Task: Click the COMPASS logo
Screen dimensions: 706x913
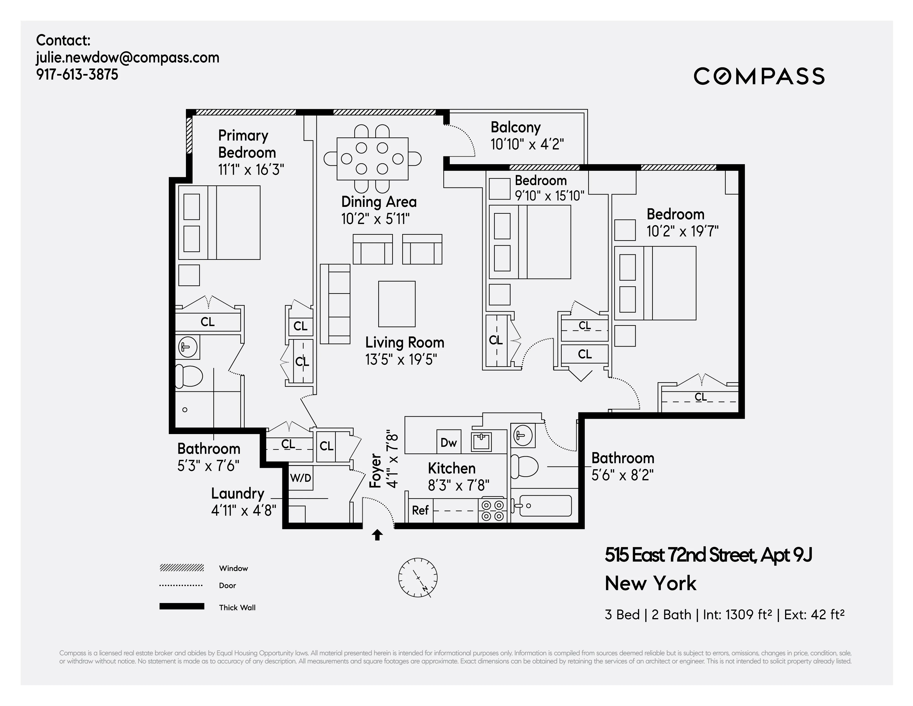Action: coord(759,76)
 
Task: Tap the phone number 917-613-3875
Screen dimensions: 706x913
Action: coord(77,74)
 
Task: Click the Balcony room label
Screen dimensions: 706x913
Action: coord(516,127)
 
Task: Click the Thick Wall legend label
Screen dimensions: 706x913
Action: coord(237,607)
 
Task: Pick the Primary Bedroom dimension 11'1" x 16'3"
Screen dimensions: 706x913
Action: coord(251,170)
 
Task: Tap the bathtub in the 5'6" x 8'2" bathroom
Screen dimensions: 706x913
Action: coord(543,506)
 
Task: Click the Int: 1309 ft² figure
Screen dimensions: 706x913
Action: coord(737,614)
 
